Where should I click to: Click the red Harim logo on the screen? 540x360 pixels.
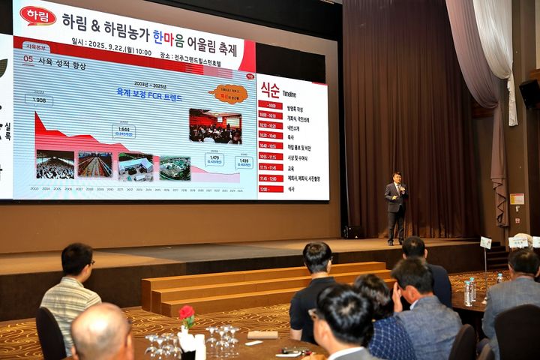(x=37, y=16)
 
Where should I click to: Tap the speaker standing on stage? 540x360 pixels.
(x=396, y=207)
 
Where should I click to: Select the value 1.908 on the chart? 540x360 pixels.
(x=39, y=99)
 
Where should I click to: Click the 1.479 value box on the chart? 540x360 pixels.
(x=214, y=159)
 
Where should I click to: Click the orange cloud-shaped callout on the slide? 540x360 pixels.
(x=229, y=94)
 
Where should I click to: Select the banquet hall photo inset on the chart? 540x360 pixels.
(x=215, y=126)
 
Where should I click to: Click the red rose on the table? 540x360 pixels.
(x=186, y=313)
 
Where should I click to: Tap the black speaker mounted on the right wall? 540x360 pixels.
(x=529, y=93)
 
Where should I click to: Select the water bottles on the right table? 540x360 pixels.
(x=469, y=290)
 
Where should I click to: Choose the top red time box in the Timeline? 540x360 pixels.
(x=270, y=106)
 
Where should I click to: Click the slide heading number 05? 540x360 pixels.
(x=28, y=58)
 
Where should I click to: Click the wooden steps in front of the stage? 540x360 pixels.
(x=255, y=285)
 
